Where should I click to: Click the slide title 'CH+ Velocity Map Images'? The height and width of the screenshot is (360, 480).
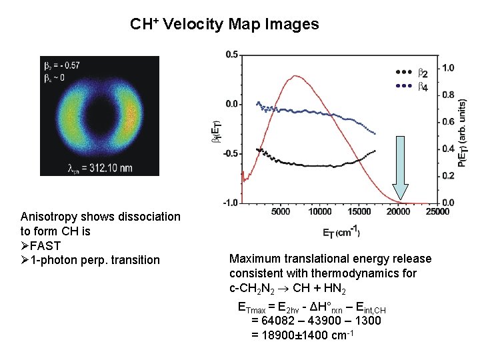[x=225, y=25]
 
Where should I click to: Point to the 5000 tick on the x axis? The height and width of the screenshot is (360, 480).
[x=281, y=211]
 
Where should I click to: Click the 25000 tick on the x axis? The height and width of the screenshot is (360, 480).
[x=437, y=211]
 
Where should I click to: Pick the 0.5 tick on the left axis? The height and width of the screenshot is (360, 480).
[x=232, y=55]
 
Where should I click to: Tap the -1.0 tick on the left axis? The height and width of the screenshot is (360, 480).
[x=231, y=202]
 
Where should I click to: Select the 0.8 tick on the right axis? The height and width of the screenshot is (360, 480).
[x=449, y=95]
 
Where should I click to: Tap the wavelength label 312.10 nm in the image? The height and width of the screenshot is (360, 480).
[x=99, y=166]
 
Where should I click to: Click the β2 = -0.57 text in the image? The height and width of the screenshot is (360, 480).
[x=62, y=65]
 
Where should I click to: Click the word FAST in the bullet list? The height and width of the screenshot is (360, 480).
[x=45, y=245]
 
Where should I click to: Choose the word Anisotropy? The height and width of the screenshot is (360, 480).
[x=47, y=217]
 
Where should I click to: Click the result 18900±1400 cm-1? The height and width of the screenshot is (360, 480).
[x=301, y=335]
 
